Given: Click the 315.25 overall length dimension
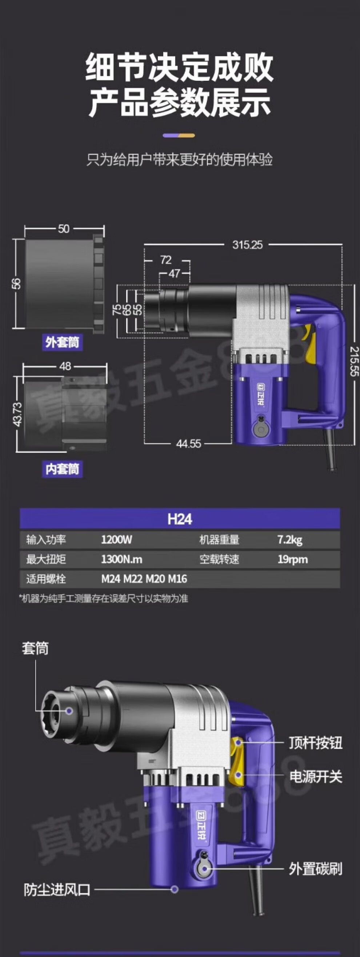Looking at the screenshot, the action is click(247, 244).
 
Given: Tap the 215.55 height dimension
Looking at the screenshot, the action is click(354, 361).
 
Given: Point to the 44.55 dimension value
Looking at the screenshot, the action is click(188, 444).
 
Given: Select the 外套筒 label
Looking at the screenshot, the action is click(62, 342).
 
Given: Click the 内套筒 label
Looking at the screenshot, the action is click(62, 469).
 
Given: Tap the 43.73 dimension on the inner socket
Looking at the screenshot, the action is click(17, 415).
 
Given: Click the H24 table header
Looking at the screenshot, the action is click(180, 519).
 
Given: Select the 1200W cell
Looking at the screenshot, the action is click(116, 540).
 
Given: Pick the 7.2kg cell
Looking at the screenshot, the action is click(290, 540).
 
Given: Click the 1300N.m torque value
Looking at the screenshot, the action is click(121, 559).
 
